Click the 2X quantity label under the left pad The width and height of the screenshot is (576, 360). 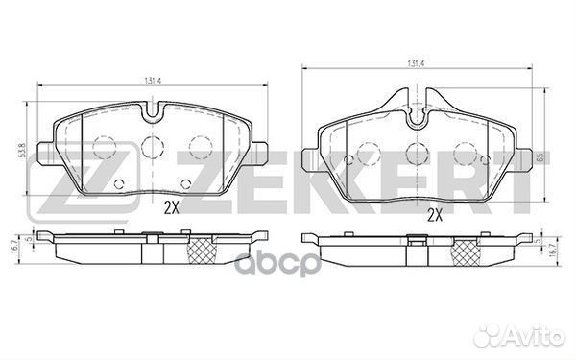[171, 207]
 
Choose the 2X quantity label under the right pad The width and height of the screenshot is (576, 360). [432, 216]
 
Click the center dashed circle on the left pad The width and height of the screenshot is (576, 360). [153, 146]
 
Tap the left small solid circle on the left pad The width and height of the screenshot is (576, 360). [118, 184]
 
